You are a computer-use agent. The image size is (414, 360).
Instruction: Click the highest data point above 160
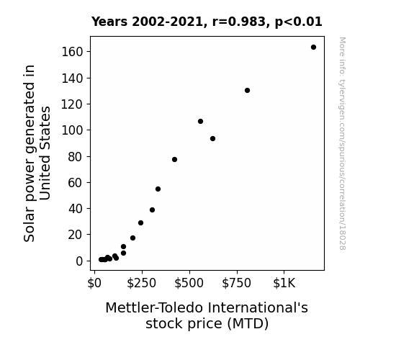(x=313, y=48)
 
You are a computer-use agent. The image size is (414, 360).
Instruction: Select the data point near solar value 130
(x=247, y=90)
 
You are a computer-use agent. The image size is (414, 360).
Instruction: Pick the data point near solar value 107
(x=200, y=121)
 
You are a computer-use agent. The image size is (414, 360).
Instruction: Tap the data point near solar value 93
(x=212, y=139)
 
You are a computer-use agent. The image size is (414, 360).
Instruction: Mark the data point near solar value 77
(x=174, y=160)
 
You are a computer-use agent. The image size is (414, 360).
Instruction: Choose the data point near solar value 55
(x=158, y=189)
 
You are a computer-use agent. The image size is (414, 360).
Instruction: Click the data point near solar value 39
(x=152, y=210)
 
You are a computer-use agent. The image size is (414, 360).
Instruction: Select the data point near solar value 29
(x=140, y=223)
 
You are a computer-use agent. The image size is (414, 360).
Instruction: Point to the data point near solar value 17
(x=132, y=238)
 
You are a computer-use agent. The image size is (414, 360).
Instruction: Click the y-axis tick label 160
(x=72, y=52)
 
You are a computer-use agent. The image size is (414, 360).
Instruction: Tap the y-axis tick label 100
(x=72, y=130)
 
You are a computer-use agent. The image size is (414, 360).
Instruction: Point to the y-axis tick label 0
(x=79, y=261)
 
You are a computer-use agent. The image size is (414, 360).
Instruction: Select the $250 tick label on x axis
(x=142, y=283)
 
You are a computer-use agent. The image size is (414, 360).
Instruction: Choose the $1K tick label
(x=284, y=283)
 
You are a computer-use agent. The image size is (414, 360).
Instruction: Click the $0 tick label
(x=94, y=283)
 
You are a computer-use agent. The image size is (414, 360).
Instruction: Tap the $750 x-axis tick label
(x=237, y=283)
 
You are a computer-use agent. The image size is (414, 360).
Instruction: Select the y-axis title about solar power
(x=37, y=153)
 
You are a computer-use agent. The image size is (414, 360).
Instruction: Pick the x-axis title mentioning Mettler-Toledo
(x=207, y=315)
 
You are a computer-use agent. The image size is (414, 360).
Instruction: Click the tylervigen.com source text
(x=343, y=143)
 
